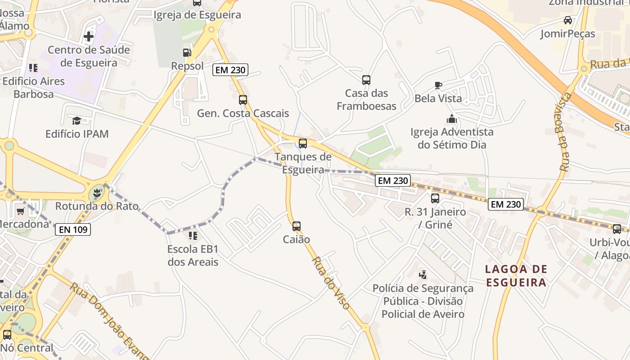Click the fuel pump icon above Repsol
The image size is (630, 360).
[x=187, y=53]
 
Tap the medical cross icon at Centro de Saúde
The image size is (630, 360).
[x=89, y=36]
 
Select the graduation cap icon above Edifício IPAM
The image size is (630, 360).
[x=76, y=121]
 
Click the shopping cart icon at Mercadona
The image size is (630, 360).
[x=20, y=211]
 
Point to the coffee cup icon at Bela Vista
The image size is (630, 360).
[x=438, y=85]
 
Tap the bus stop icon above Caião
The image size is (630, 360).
[x=296, y=226]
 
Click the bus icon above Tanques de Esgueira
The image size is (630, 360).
[x=303, y=144]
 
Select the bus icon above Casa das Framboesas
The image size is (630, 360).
[x=366, y=80]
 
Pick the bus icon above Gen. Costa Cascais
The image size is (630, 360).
[x=243, y=100]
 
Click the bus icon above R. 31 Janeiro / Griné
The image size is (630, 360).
[x=435, y=198]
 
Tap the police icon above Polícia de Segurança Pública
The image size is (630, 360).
[x=423, y=274]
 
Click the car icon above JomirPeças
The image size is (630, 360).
[x=568, y=20]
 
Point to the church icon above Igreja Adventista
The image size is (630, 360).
[x=451, y=119]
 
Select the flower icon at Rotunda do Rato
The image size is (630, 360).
[x=96, y=194]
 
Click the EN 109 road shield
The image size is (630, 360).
[x=73, y=230]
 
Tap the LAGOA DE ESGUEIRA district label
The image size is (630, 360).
[x=516, y=276]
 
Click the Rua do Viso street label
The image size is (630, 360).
[x=331, y=283]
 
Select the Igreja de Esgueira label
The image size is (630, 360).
[x=197, y=15]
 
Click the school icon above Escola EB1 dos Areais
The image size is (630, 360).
[x=193, y=235]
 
